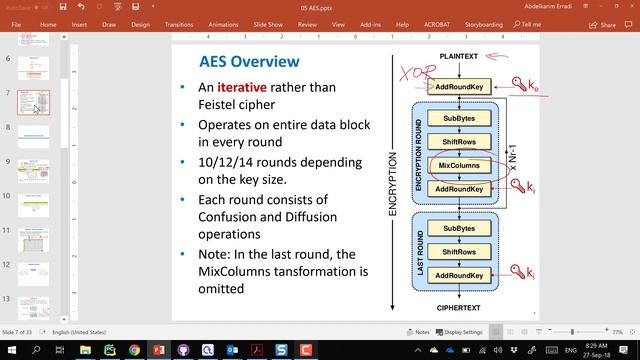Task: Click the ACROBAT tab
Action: point(436,24)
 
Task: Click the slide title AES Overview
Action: point(249,62)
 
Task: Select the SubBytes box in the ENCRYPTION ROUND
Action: point(458,118)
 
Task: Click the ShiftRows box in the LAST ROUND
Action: point(458,251)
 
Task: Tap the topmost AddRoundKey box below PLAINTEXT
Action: point(458,87)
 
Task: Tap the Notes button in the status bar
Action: point(418,331)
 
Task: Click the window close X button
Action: point(626,7)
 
